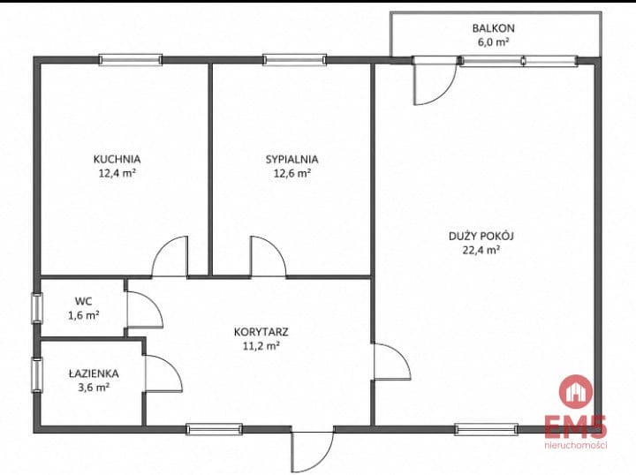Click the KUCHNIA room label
(117, 159)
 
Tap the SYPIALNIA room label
(291, 159)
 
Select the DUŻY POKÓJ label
(481, 236)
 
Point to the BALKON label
(493, 28)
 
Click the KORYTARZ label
(261, 332)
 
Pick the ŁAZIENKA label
(94, 373)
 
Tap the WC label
(83, 302)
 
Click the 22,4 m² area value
(481, 250)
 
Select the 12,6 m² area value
(292, 173)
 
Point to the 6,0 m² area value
(493, 42)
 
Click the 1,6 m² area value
(84, 315)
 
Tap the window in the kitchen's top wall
(131, 60)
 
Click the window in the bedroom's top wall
(294, 60)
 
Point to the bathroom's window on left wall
(37, 375)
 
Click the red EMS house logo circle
(576, 392)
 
